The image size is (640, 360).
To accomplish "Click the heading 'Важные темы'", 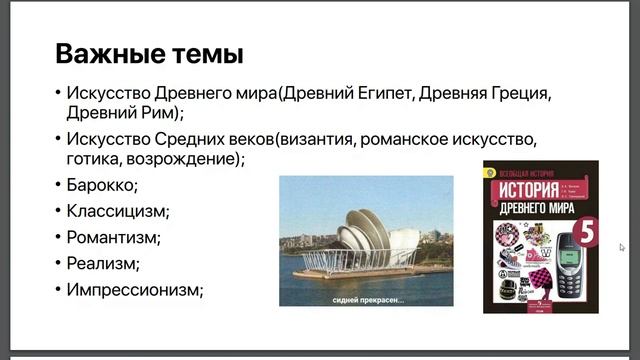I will [x=149, y=52].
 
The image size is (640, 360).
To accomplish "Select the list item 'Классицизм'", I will [x=117, y=212].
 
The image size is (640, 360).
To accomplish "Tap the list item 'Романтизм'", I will [x=113, y=238].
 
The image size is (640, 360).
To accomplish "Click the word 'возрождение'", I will [x=186, y=159].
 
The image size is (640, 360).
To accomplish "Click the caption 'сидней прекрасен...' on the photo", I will [x=366, y=297].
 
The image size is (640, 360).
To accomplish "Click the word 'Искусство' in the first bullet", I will [x=110, y=93].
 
